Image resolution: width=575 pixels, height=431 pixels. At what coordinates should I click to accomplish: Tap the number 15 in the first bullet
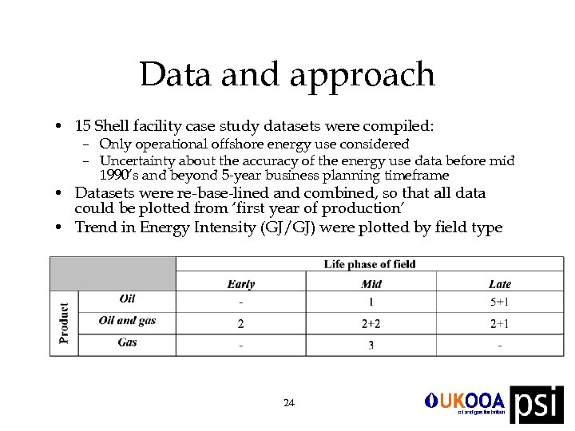click(82, 126)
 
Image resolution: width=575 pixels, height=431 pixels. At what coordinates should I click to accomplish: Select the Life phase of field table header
click(370, 264)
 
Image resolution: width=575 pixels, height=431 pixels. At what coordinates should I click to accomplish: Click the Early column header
click(240, 284)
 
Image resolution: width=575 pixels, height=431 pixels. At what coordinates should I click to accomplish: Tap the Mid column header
click(371, 284)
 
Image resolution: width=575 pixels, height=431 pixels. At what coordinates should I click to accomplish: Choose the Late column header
click(500, 284)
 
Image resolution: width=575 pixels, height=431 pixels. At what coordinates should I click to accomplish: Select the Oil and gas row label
click(127, 321)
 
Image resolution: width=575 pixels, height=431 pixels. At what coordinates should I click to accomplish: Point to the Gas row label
click(127, 342)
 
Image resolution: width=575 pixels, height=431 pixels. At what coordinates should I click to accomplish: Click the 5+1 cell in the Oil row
click(500, 302)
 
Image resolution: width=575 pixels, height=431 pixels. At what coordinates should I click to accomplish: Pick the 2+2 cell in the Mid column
click(371, 323)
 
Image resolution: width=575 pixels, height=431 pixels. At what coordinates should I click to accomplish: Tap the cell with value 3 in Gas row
click(371, 345)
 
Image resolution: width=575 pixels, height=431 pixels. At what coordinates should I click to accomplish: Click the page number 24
click(288, 403)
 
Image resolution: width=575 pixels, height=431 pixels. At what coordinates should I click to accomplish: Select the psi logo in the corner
click(537, 404)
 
